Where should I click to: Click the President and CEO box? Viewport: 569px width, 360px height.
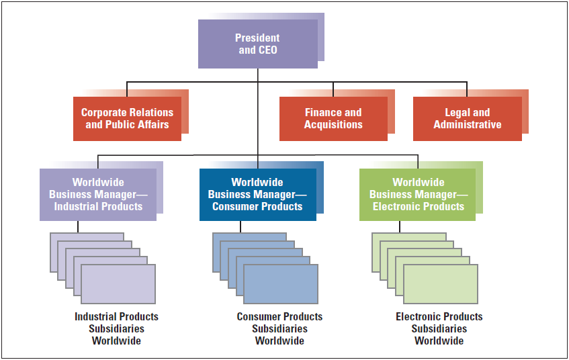point(258,44)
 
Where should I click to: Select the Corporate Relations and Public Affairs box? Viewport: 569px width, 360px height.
point(127,119)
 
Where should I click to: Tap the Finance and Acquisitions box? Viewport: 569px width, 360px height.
point(333,119)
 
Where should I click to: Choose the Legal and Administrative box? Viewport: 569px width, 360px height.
point(467,119)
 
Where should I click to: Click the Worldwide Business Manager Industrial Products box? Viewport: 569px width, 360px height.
point(98,194)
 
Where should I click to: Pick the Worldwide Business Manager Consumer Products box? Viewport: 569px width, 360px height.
point(257,194)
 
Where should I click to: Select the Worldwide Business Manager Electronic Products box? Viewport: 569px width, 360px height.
point(418,194)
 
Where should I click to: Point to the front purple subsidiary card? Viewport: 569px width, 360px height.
point(118,284)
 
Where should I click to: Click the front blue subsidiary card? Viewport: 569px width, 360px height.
point(281,284)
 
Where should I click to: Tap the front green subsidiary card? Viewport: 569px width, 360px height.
point(441,284)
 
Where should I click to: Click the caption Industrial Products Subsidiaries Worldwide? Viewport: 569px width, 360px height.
point(116,328)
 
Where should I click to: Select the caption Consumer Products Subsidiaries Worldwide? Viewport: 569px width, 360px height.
point(279,328)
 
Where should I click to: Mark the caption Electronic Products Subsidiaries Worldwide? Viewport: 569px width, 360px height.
point(439,328)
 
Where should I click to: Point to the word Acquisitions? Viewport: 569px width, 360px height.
point(333,125)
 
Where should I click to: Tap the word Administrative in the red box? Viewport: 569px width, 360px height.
point(467,125)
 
